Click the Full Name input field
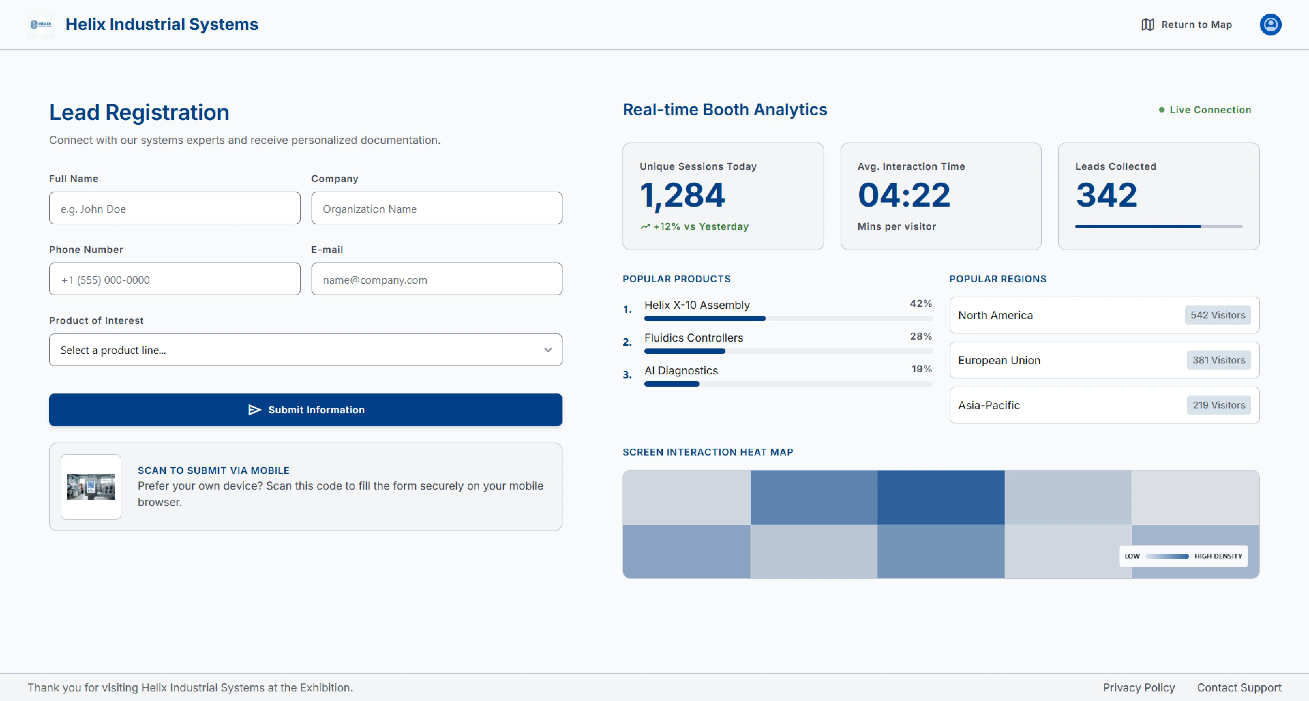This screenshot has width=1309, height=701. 174,208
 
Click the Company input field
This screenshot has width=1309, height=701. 436,208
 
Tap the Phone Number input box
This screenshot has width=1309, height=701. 174,279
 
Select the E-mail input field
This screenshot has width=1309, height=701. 436,279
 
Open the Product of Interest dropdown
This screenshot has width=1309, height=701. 305,350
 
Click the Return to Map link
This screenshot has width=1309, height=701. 1187,25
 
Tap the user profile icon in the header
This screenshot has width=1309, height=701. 1270,25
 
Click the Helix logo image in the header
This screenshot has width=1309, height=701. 41,25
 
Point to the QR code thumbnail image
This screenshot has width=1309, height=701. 91,487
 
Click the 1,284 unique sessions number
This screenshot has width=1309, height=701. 682,195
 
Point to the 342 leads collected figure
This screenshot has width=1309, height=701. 1106,195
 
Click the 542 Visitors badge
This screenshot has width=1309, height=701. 1218,315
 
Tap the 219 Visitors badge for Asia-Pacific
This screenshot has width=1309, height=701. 1219,405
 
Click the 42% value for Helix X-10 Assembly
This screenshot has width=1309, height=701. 921,303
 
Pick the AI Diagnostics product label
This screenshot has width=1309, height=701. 681,371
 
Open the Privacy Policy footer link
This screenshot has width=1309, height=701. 1139,687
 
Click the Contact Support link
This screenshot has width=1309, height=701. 1239,687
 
